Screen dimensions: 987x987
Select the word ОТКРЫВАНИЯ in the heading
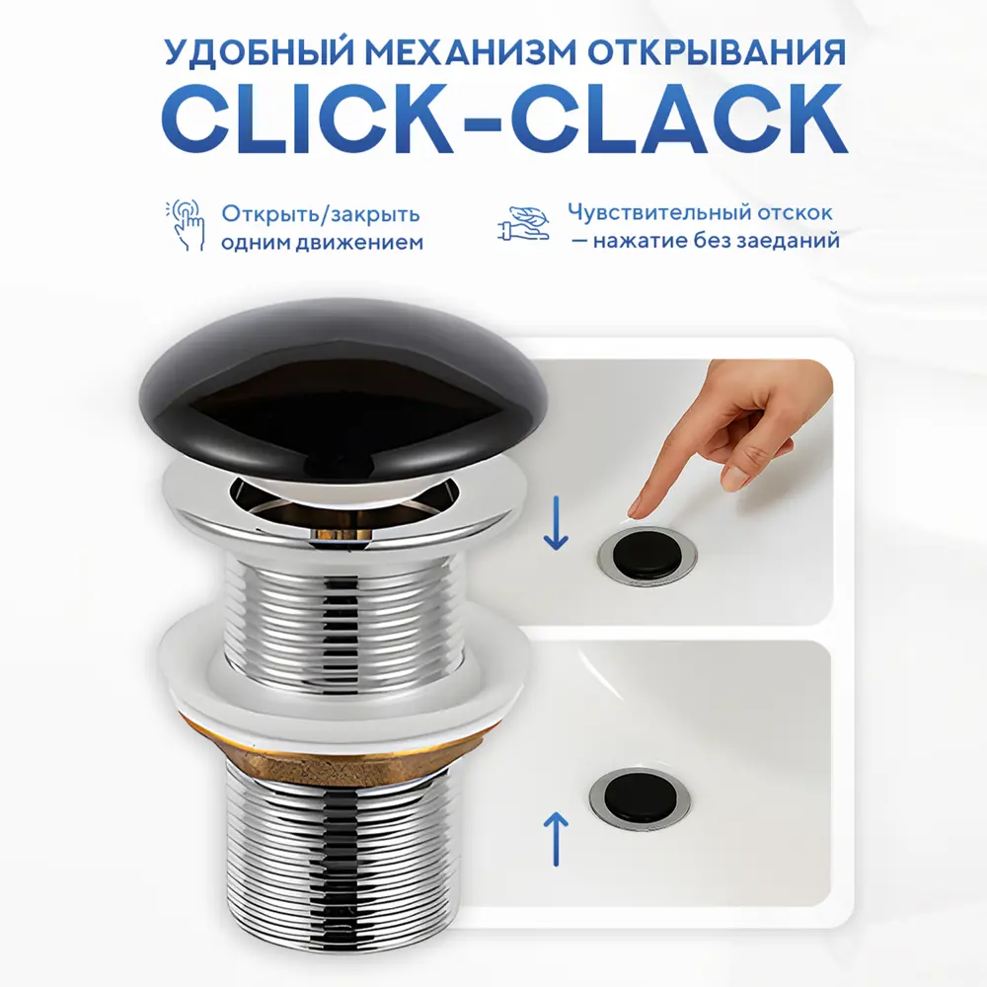pos(717,53)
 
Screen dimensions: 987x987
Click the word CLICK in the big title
pos(307,119)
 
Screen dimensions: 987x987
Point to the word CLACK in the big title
pos(680,119)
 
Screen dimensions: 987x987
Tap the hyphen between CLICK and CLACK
pos(482,122)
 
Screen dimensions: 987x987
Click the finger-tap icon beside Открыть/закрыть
pos(186,225)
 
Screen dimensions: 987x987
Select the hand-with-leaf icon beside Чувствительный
pos(523,224)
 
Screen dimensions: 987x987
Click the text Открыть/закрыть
pos(321,214)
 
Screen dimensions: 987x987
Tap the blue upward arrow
pos(556,838)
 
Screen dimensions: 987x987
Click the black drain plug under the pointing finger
pos(647,551)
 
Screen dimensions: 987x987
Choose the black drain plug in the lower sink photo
pos(640,797)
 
